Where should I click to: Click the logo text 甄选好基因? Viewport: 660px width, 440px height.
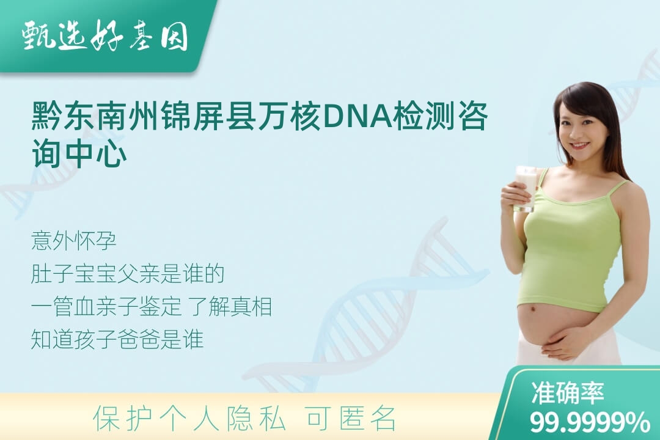point(105,36)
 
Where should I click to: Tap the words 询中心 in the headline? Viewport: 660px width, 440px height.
point(79,153)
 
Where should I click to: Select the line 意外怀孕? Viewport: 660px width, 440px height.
point(73,241)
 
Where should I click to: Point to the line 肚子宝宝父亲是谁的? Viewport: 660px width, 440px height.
point(128,274)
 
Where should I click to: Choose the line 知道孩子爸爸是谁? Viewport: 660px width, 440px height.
point(117,339)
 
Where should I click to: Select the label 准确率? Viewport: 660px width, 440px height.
point(567,392)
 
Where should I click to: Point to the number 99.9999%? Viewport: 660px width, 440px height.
point(589,422)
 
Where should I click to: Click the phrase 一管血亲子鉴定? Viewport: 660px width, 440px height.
point(106,306)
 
